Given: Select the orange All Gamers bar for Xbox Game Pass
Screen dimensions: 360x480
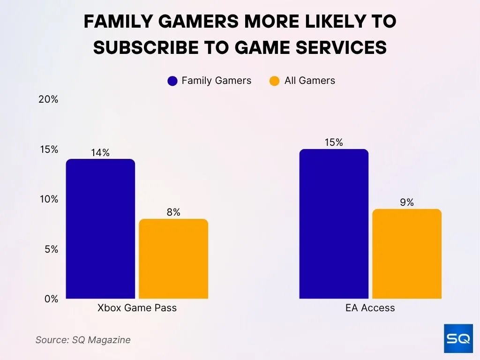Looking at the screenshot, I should [x=173, y=259].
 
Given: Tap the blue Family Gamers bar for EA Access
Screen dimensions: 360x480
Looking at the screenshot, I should [x=334, y=224].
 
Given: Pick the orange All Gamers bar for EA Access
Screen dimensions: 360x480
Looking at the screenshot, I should [x=407, y=254].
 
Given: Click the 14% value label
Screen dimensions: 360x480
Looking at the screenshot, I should [x=100, y=153].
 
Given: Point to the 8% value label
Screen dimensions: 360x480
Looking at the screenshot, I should [x=173, y=212].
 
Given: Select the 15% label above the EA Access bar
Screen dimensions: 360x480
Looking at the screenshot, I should [x=334, y=142].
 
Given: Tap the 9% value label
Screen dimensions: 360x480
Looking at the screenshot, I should [x=407, y=202].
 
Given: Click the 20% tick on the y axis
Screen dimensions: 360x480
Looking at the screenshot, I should [x=48, y=99].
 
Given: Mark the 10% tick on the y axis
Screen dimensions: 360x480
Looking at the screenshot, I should [x=48, y=199].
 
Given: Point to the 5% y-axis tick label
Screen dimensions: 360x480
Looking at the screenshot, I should [x=51, y=249].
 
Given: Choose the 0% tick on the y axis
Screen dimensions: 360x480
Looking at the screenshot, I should [x=51, y=299].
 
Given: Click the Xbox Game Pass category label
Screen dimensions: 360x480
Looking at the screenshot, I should [x=137, y=308].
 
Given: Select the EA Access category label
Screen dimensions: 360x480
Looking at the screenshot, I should [x=370, y=308].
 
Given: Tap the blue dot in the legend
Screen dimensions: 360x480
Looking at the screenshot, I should [x=172, y=81].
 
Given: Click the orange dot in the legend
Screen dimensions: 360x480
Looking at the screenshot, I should [x=275, y=81].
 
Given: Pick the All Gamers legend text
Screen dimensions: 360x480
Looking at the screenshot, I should [x=309, y=81].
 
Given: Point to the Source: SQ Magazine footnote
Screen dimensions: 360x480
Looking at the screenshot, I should [x=83, y=340].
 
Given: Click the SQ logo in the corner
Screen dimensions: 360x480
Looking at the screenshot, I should [x=458, y=338].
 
